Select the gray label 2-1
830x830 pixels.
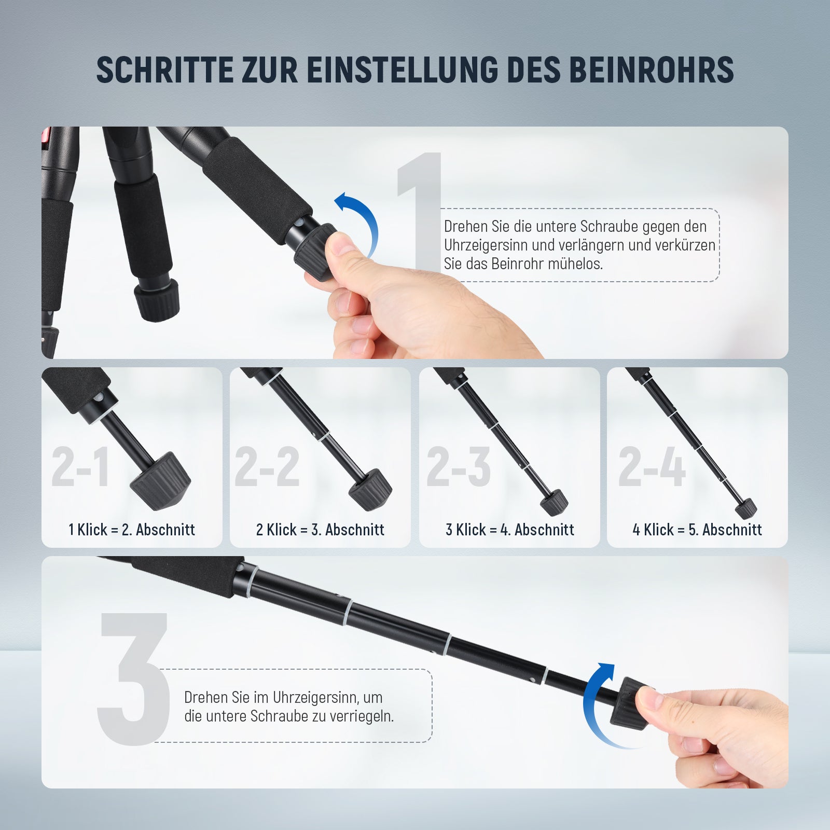click(80, 467)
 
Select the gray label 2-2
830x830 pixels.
click(267, 467)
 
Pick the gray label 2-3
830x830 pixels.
click(459, 467)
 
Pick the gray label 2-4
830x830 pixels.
click(652, 467)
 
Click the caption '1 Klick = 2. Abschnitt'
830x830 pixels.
click(132, 530)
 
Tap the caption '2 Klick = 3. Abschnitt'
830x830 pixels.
click(320, 530)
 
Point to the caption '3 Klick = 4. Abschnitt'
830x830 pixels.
click(510, 530)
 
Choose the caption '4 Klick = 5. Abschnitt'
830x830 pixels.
click(697, 530)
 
